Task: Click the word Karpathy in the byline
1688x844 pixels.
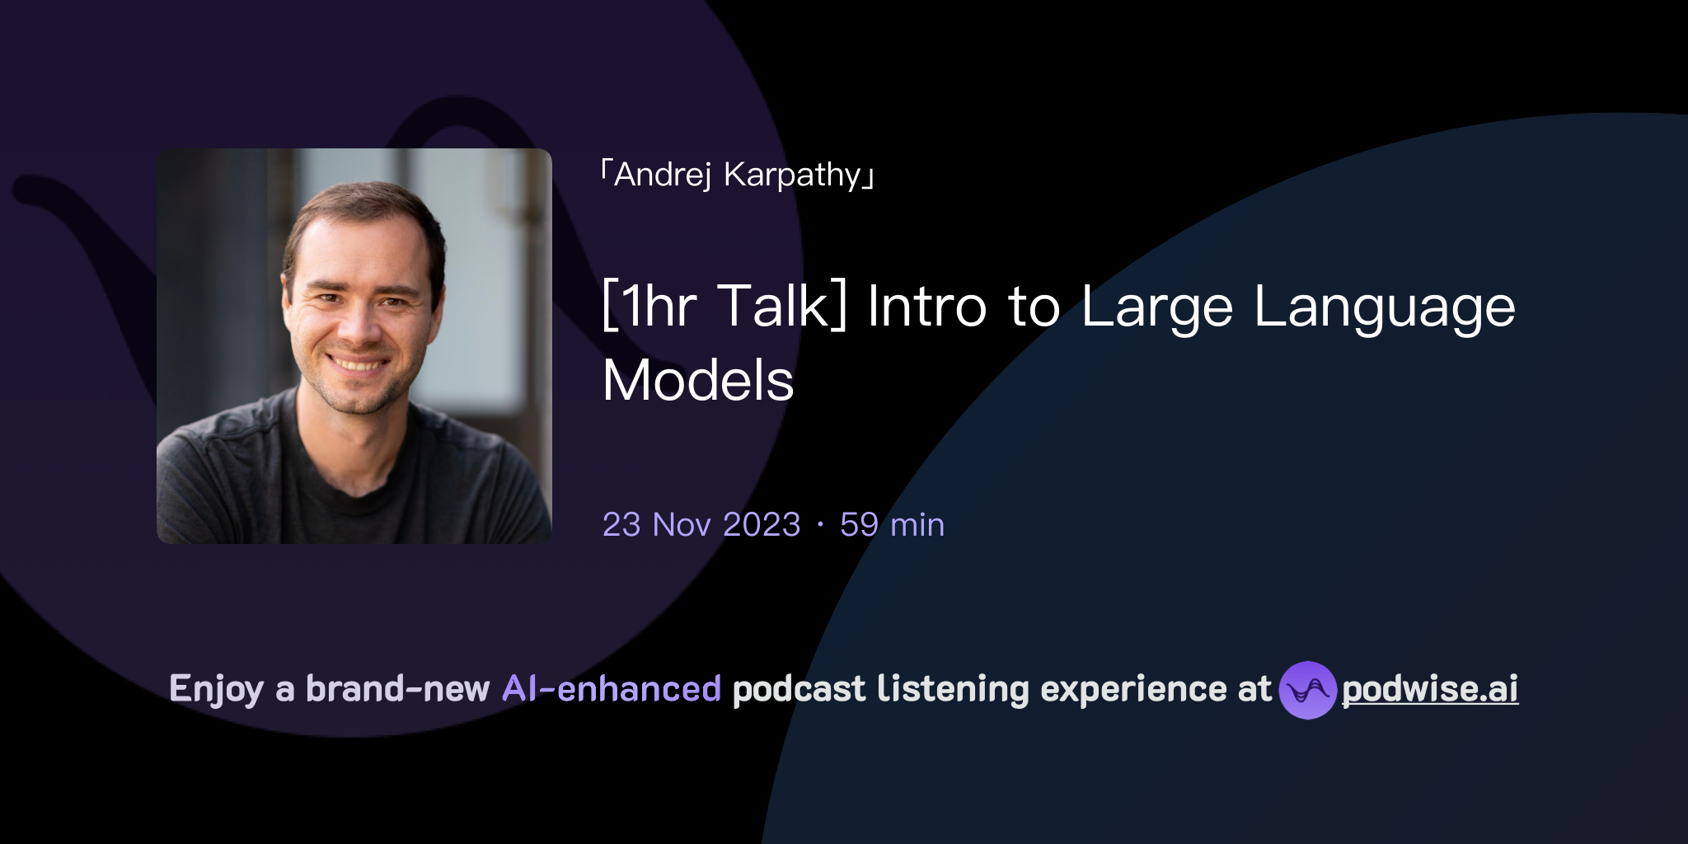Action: point(792,175)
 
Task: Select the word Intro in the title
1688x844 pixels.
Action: point(926,307)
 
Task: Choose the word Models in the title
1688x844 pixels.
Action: point(698,381)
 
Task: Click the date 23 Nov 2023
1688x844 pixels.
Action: point(701,525)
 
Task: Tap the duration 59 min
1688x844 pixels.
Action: point(892,525)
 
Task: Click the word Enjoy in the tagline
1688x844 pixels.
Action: point(216,689)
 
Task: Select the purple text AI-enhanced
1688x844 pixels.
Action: point(612,689)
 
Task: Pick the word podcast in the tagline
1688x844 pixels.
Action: point(799,689)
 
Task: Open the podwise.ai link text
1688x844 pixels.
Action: point(1430,689)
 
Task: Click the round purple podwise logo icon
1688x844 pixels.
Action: point(1307,690)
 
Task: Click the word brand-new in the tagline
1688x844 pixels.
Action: point(397,689)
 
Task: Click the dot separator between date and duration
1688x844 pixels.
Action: point(820,525)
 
